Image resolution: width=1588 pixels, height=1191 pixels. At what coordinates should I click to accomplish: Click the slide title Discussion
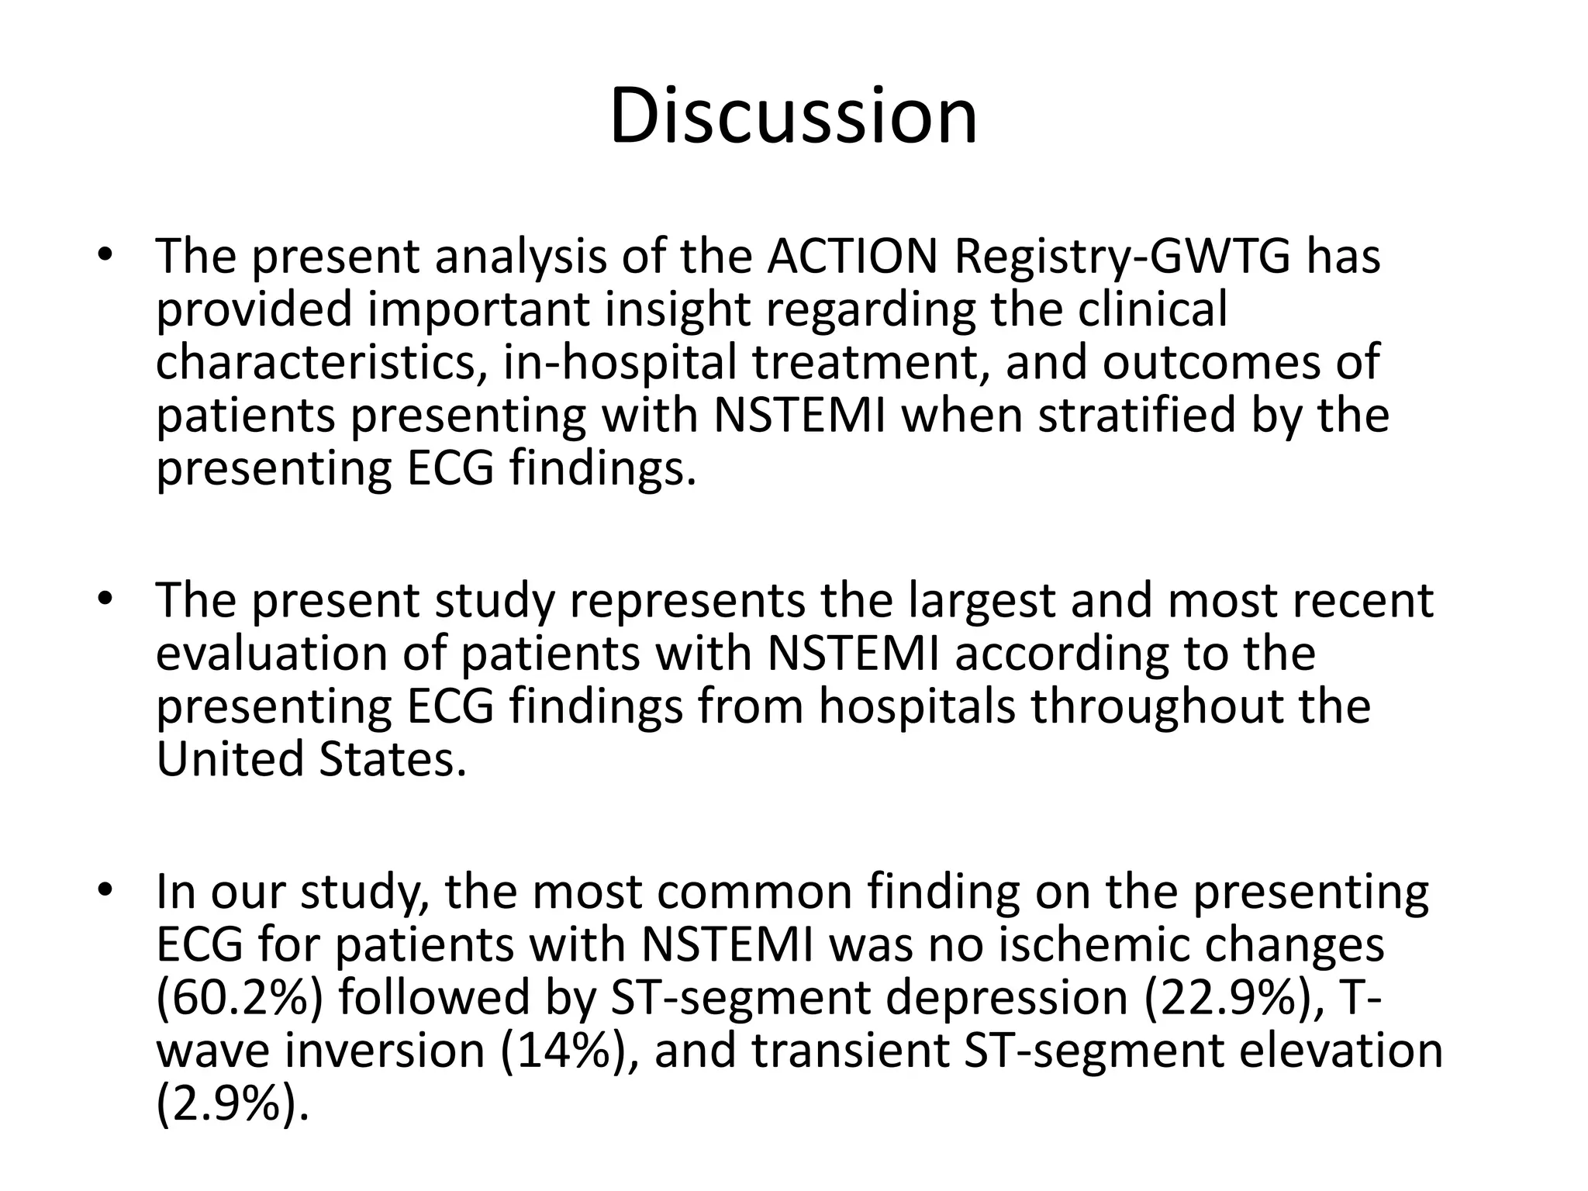(793, 116)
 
